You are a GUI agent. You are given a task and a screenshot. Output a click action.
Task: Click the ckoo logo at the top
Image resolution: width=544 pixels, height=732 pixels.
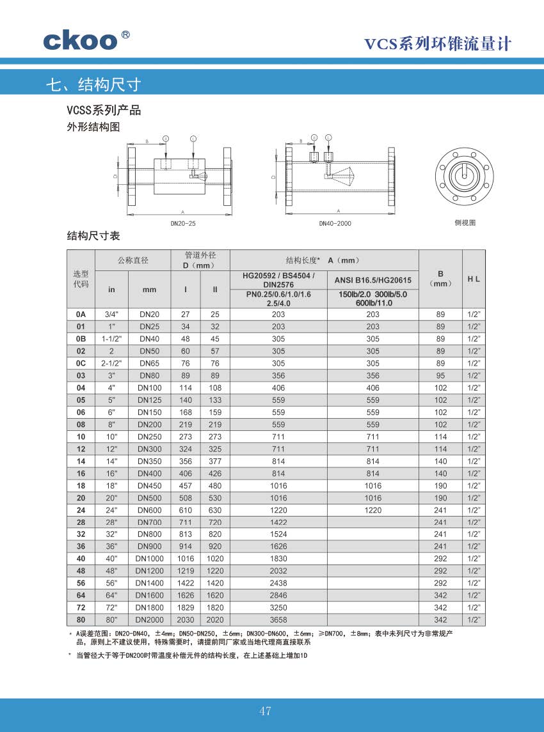pyautogui.click(x=81, y=40)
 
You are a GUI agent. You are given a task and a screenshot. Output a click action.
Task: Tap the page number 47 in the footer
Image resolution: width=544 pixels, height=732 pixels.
pyautogui.click(x=266, y=711)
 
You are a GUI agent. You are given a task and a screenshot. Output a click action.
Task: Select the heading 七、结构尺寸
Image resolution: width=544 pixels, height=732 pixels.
pyautogui.click(x=93, y=84)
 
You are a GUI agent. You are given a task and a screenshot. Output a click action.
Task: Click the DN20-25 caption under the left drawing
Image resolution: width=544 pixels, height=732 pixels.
pyautogui.click(x=183, y=224)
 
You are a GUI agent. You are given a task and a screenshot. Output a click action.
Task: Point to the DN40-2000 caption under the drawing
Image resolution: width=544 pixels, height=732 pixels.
pyautogui.click(x=335, y=224)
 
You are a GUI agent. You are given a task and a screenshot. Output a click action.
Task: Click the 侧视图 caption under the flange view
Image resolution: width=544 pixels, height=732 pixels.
pyautogui.click(x=465, y=223)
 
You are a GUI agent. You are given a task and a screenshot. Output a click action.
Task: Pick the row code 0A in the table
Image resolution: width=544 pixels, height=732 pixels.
pyautogui.click(x=81, y=315)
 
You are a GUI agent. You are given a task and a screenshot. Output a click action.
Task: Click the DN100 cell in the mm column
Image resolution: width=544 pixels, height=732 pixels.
pyautogui.click(x=150, y=388)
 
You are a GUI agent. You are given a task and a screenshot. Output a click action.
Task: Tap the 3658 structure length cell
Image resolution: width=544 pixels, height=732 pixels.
pyautogui.click(x=278, y=619)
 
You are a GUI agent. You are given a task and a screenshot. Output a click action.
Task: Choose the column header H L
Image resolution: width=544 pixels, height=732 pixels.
pyautogui.click(x=474, y=279)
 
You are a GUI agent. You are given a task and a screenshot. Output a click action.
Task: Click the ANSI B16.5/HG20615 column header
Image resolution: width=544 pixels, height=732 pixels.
pyautogui.click(x=373, y=280)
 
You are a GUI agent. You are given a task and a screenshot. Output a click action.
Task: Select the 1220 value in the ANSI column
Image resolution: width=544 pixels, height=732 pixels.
pyautogui.click(x=373, y=510)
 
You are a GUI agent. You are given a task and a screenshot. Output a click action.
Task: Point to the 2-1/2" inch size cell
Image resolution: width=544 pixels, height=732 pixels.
pyautogui.click(x=111, y=363)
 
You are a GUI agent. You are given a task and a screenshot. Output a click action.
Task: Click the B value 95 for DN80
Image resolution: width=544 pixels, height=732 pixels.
pyautogui.click(x=440, y=376)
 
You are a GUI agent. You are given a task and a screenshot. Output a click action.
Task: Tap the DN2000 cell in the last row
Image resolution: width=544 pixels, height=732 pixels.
pyautogui.click(x=150, y=619)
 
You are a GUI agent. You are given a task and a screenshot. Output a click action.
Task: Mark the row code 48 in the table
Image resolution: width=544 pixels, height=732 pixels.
pyautogui.click(x=81, y=571)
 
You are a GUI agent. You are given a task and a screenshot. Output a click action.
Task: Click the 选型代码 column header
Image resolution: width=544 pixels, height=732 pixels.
pyautogui.click(x=81, y=279)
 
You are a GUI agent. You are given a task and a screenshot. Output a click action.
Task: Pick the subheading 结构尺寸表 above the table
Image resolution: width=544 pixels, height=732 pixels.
pyautogui.click(x=93, y=237)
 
